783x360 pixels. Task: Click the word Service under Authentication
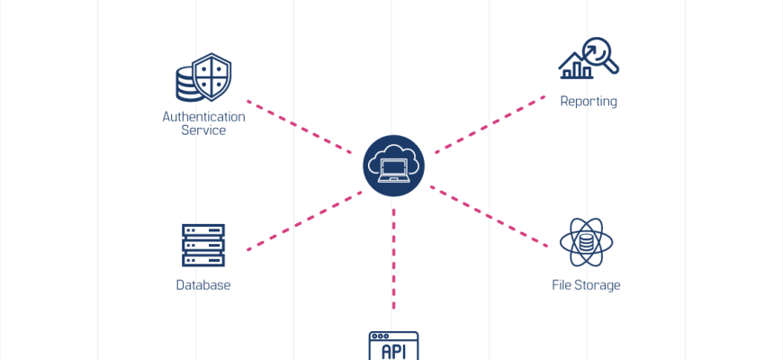click(x=203, y=130)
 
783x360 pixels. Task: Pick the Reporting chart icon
click(x=589, y=59)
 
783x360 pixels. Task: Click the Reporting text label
click(x=589, y=101)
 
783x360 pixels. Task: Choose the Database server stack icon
click(x=203, y=245)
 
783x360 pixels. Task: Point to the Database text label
click(x=203, y=285)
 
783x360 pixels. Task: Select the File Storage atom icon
click(x=586, y=242)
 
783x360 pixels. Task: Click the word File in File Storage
click(x=562, y=285)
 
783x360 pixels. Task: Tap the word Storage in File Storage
click(x=598, y=285)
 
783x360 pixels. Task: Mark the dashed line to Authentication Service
click(x=299, y=127)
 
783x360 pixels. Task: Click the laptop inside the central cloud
click(x=393, y=170)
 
